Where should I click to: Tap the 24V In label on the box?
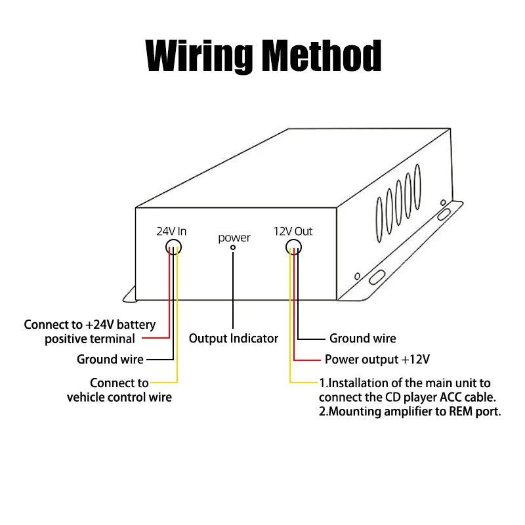point(171,231)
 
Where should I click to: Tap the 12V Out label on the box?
point(293,231)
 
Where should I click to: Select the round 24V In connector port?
point(173,247)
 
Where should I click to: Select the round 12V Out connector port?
point(293,247)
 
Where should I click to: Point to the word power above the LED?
point(234,238)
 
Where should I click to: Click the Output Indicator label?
point(234,339)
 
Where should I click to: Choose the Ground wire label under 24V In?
point(110,359)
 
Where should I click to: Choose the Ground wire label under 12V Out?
point(362,339)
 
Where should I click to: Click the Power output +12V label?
point(377,360)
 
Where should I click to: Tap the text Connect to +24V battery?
point(90,325)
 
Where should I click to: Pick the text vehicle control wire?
point(119,397)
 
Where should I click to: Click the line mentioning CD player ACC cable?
point(408,397)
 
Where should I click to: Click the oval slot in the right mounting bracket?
point(378,276)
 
